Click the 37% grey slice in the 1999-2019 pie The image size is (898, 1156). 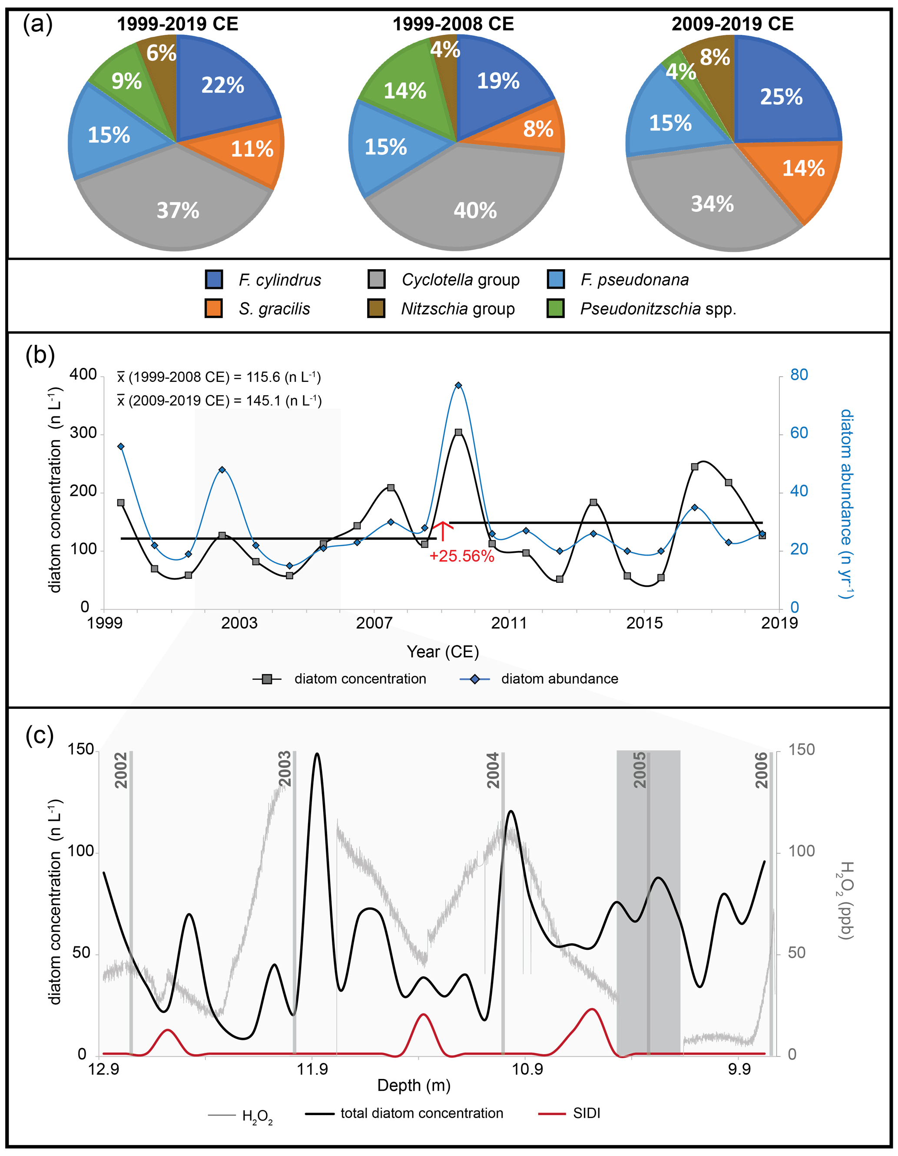click(177, 210)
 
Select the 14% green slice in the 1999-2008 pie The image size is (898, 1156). click(404, 91)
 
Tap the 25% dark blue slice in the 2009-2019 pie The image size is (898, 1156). click(781, 97)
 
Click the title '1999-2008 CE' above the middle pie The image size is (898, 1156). click(453, 24)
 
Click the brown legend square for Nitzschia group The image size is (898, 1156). click(376, 308)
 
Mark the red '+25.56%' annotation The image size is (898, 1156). click(462, 556)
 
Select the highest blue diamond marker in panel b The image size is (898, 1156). click(458, 385)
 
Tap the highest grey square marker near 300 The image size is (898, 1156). click(458, 432)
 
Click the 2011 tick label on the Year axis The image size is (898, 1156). click(509, 623)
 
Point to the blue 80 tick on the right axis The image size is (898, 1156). click(799, 375)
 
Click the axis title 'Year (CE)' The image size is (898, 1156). click(443, 652)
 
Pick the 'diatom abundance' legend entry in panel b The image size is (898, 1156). click(559, 678)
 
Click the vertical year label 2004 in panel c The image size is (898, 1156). click(493, 770)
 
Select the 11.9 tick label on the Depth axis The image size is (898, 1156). click(312, 1069)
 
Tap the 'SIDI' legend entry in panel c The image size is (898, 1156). click(586, 1113)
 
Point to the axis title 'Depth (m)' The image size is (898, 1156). click(414, 1086)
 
